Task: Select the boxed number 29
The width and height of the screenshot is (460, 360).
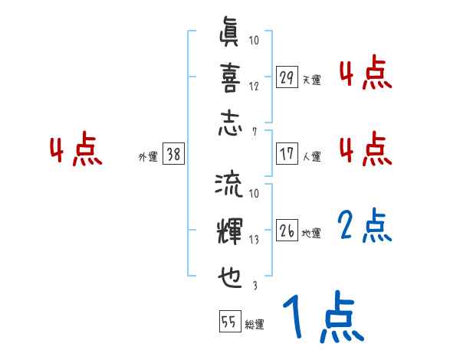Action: coord(287,78)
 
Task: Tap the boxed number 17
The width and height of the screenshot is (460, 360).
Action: coord(287,153)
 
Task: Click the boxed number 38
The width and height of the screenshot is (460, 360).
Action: coord(173,153)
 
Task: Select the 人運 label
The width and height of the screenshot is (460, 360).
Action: coord(311,155)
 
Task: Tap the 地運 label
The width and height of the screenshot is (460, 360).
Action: coord(311,231)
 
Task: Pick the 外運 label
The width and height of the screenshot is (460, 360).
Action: coord(148,155)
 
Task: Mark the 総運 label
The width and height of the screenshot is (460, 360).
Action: coord(255,324)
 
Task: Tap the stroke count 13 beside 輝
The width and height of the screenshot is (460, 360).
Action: coord(254,239)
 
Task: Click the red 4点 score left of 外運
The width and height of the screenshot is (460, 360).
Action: coord(77,151)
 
